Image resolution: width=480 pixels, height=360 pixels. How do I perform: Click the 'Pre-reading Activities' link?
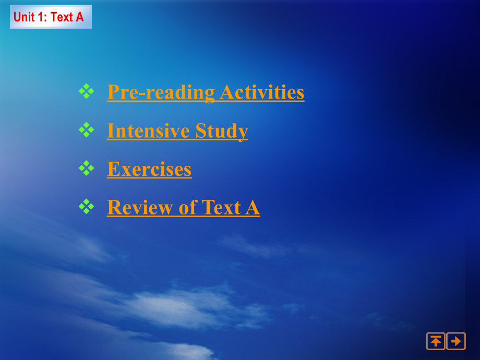[206, 92]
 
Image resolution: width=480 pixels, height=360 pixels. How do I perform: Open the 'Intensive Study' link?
[177, 131]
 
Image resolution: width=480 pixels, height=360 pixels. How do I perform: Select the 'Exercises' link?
[149, 169]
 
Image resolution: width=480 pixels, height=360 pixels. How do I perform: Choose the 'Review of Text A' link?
[184, 208]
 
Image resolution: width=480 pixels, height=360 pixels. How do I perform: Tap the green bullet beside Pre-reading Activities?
[86, 91]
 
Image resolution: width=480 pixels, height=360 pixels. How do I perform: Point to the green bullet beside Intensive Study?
[86, 130]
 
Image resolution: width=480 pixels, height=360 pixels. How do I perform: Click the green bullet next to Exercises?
[86, 168]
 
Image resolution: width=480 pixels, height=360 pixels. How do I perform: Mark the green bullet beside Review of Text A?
[86, 207]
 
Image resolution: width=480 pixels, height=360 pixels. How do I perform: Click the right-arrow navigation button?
[456, 341]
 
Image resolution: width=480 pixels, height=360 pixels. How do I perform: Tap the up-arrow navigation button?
[436, 341]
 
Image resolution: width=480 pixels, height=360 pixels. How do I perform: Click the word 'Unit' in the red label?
[24, 17]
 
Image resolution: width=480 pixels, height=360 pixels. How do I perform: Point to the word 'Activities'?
[262, 92]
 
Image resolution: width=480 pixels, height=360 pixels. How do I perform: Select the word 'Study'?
[222, 131]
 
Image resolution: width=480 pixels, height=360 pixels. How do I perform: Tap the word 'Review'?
[140, 208]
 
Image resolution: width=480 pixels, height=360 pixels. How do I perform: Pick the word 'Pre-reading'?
[161, 93]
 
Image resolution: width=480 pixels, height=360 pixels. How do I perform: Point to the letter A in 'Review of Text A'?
[253, 208]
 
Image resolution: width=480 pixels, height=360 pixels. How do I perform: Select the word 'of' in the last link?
[187, 208]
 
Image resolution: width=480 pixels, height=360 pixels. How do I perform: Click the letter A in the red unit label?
[80, 17]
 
